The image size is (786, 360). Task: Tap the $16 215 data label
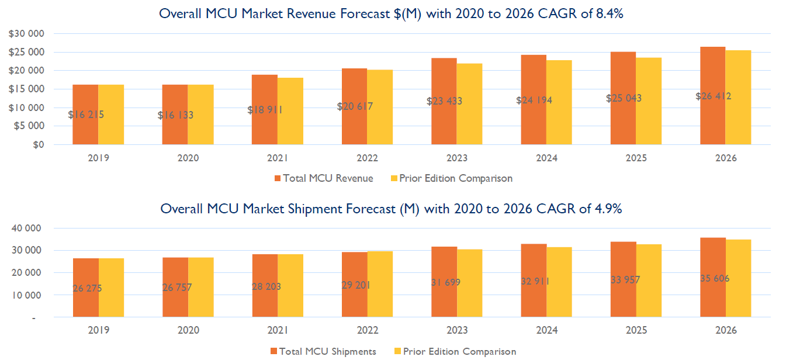[x=86, y=115]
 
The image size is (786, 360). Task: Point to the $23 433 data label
[x=445, y=101]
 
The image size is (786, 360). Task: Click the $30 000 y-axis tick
[x=27, y=33]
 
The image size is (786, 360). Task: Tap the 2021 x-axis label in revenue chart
[x=278, y=158]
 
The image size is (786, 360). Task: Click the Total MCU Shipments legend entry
[x=323, y=351]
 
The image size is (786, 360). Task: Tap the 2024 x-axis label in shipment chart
[x=546, y=330]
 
